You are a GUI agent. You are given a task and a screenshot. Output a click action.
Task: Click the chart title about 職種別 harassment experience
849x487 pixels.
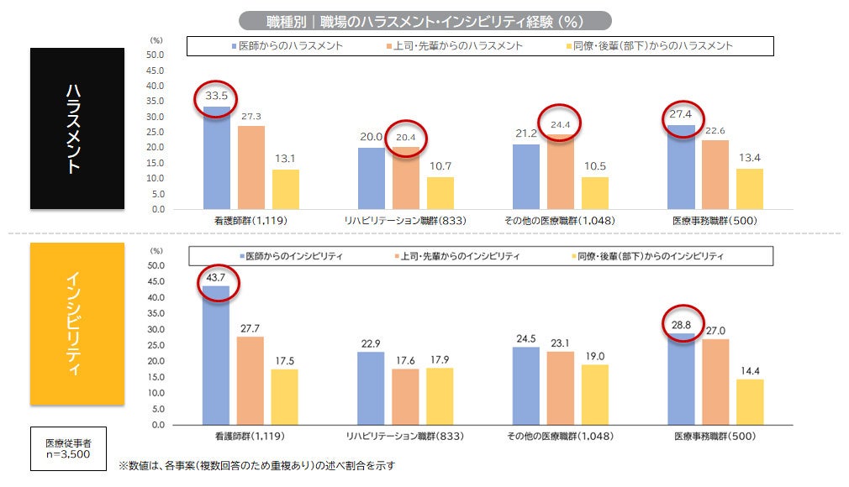[x=424, y=21]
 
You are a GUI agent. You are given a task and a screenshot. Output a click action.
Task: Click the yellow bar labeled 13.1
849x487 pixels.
[x=285, y=189]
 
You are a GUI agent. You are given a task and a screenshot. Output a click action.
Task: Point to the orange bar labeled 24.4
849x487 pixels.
[x=560, y=171]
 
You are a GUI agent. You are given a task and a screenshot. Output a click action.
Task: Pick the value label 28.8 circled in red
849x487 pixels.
[x=681, y=322]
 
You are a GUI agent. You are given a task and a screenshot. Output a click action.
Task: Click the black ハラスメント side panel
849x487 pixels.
[x=77, y=128]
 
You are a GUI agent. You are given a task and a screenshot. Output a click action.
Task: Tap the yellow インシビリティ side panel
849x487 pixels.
[x=77, y=323]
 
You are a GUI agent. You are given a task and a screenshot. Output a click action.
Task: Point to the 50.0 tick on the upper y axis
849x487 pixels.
[x=156, y=55]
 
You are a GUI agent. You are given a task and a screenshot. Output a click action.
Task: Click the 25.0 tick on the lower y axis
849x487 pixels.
[x=156, y=345]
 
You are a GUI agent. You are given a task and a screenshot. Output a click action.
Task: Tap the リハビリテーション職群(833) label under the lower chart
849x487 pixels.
[x=405, y=437]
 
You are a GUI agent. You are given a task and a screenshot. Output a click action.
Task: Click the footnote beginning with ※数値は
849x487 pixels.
[x=256, y=464]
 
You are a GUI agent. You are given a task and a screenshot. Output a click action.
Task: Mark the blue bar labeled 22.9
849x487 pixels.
[x=371, y=388]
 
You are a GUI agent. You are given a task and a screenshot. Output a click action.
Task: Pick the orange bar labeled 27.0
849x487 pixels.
[x=715, y=381]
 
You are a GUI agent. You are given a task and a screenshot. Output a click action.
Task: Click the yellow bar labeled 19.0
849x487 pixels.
[x=594, y=394]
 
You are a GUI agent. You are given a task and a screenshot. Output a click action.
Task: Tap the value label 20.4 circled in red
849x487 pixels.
[x=405, y=138]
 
